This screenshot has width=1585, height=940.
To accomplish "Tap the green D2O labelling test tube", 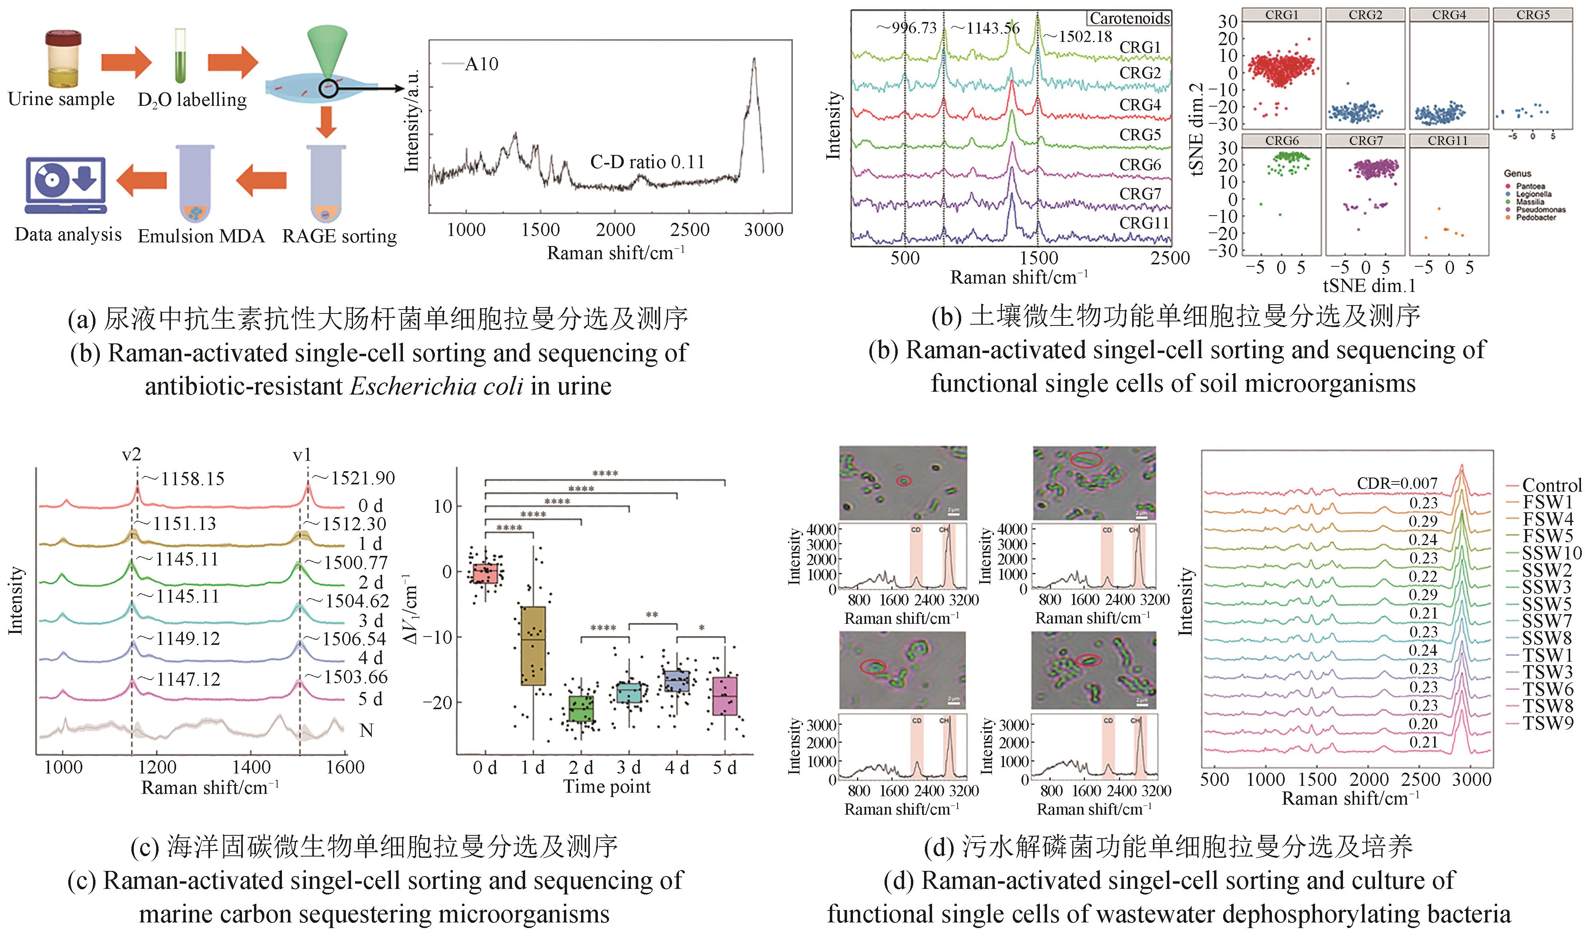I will [181, 57].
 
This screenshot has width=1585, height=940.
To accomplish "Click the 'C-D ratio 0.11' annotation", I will [647, 162].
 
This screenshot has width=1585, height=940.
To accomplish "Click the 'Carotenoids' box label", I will [1129, 18].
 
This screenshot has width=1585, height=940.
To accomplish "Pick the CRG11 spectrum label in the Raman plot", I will [1143, 223].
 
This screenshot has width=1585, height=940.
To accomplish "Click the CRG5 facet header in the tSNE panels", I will [1532, 14].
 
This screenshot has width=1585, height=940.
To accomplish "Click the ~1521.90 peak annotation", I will [362, 478].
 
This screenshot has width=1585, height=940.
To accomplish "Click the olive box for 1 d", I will [533, 645].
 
